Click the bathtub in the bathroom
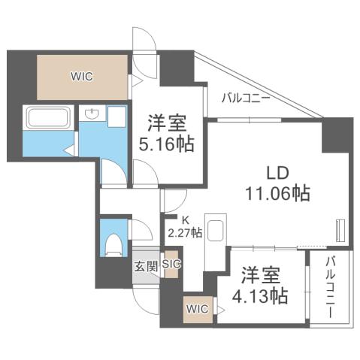click(48, 117)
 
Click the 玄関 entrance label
click(146, 265)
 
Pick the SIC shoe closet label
click(171, 265)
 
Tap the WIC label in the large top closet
click(83, 76)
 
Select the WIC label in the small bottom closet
click(198, 308)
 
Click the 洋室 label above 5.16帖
click(166, 122)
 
